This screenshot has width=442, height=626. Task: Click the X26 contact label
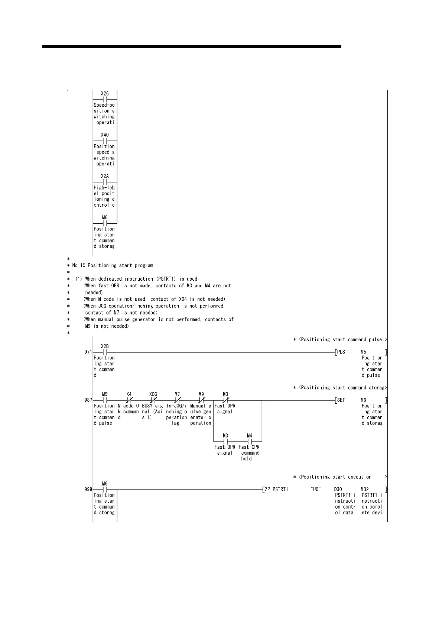(x=105, y=94)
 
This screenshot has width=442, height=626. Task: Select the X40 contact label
(x=105, y=135)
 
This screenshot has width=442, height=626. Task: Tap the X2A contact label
(x=105, y=176)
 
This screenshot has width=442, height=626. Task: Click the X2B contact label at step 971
(x=105, y=346)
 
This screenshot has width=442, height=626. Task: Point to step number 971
(x=88, y=352)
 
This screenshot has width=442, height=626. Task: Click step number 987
(x=88, y=400)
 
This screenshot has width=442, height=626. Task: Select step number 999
(x=88, y=489)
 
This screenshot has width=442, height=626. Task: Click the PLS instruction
(x=341, y=352)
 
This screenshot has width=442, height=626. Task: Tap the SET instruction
(x=341, y=400)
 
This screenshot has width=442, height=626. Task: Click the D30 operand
(x=338, y=489)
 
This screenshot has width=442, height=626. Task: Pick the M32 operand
(x=365, y=489)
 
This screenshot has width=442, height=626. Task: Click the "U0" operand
(x=316, y=489)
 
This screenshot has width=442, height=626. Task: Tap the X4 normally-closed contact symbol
(x=129, y=400)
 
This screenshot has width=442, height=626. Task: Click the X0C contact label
(x=153, y=394)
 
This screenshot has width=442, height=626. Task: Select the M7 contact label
(x=177, y=394)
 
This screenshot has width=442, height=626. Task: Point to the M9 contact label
(x=201, y=394)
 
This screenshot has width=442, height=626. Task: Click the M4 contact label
(x=250, y=435)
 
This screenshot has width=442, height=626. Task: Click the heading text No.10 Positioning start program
(x=113, y=265)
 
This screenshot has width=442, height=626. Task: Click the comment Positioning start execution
(x=334, y=477)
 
